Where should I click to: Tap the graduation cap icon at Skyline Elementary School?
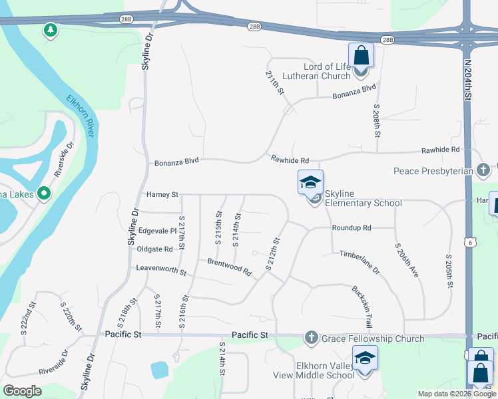[x=310, y=182]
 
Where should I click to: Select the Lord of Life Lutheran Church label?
[x=316, y=72]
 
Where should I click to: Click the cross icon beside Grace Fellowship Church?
[x=311, y=338]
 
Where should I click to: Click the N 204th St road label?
[x=468, y=80]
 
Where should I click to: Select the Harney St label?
[x=162, y=195]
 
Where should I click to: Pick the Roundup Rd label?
[x=352, y=227]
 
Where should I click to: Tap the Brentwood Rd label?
[x=228, y=267]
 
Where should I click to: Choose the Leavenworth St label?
[x=161, y=269]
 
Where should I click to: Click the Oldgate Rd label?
[x=154, y=249]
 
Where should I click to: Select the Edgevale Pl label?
[x=157, y=231]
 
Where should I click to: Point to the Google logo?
[x=23, y=391]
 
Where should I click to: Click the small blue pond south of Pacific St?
[x=159, y=370]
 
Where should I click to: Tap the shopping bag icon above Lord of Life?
[x=361, y=55]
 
